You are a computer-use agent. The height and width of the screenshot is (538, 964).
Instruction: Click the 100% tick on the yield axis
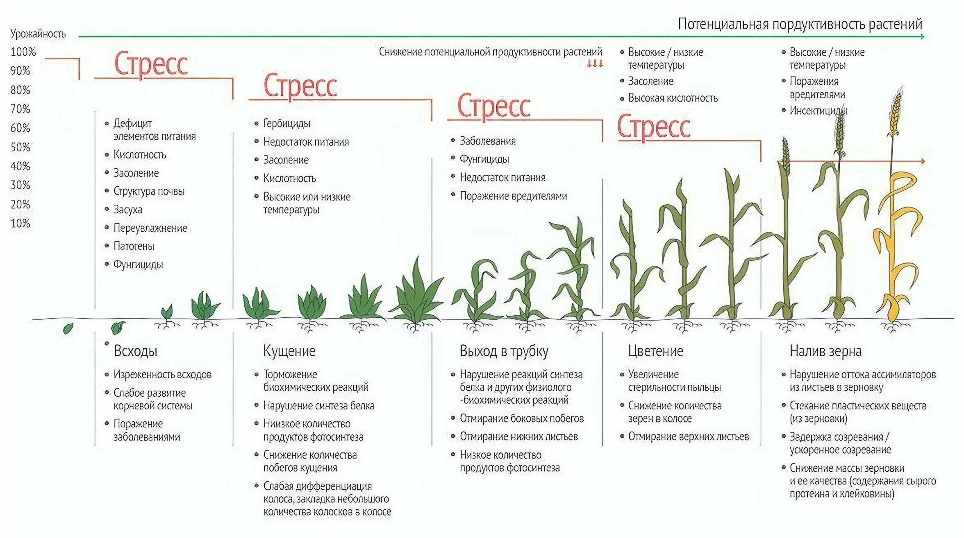point(23,52)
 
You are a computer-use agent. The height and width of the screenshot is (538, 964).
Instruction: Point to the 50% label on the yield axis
point(20,147)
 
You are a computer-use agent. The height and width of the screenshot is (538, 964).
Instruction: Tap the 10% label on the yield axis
point(20,224)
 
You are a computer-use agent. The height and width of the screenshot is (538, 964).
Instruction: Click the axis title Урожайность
point(38,34)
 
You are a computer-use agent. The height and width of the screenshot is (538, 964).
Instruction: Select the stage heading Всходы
point(135,351)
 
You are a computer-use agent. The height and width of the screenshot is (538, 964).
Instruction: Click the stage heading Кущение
point(289,351)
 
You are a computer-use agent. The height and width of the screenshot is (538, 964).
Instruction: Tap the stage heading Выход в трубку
point(504,351)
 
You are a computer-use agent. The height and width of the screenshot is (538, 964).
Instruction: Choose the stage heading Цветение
point(655,351)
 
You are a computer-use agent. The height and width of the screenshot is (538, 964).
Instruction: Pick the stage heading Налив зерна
point(825,351)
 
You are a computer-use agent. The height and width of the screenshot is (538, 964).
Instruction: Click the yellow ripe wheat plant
point(898,229)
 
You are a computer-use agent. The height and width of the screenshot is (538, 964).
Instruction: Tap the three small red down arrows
point(595,63)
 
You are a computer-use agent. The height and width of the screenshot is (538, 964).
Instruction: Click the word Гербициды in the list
point(286,123)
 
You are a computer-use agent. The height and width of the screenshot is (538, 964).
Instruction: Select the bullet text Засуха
point(128,210)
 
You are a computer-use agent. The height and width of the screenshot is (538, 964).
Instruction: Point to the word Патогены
point(134,246)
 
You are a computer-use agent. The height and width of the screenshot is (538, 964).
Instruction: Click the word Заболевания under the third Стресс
point(488,141)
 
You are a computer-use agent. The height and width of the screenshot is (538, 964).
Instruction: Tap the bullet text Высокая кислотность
point(673,98)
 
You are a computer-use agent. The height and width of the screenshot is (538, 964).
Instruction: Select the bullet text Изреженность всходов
point(162,374)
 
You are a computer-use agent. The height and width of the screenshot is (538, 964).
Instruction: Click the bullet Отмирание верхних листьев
point(688,436)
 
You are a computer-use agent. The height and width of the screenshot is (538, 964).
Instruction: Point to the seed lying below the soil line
point(68,328)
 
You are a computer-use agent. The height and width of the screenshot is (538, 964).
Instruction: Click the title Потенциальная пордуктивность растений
point(800,24)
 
